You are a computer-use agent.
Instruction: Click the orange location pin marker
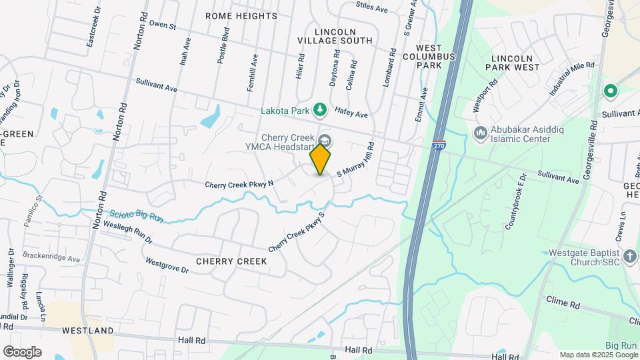[x=321, y=159]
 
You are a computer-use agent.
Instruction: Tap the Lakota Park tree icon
[x=321, y=108]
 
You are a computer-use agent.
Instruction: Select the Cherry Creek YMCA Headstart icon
[x=325, y=141]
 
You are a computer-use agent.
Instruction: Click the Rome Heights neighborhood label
[x=233, y=15]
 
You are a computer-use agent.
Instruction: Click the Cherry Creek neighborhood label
[x=231, y=261]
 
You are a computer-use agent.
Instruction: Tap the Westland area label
[x=88, y=331]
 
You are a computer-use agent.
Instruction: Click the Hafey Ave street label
[x=351, y=115]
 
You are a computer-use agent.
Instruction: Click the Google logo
[x=22, y=352]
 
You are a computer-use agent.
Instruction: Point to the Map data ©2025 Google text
[x=598, y=355]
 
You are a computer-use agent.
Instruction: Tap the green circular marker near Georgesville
[x=609, y=91]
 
